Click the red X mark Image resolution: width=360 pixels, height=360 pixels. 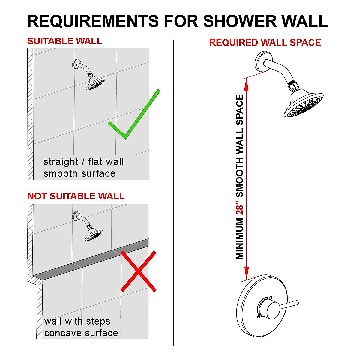(x=138, y=271)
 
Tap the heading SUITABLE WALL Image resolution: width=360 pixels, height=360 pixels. (x=65, y=41)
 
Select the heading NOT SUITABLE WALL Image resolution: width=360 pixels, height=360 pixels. (x=76, y=196)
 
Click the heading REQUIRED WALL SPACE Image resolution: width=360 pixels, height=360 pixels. (x=265, y=43)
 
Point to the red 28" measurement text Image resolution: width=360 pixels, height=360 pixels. (x=240, y=207)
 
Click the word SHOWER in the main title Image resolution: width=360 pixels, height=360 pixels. (x=240, y=21)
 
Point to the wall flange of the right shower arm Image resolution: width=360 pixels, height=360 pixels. (x=262, y=61)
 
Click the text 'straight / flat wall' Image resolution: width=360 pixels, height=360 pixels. (x=83, y=162)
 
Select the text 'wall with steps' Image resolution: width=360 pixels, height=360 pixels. (x=77, y=322)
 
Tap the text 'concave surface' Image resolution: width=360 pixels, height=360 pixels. (x=81, y=333)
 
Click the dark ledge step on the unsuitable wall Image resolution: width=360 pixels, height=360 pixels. (x=90, y=259)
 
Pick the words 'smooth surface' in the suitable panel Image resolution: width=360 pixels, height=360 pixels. (x=79, y=174)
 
